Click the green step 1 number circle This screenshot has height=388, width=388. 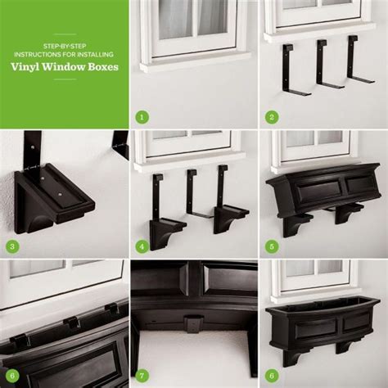[142, 117]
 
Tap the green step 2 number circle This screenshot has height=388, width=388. [271, 117]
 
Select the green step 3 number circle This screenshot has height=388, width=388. [12, 246]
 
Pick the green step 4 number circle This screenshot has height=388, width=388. [142, 246]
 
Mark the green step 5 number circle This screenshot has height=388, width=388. [271, 246]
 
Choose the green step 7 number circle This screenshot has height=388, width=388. [142, 374]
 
